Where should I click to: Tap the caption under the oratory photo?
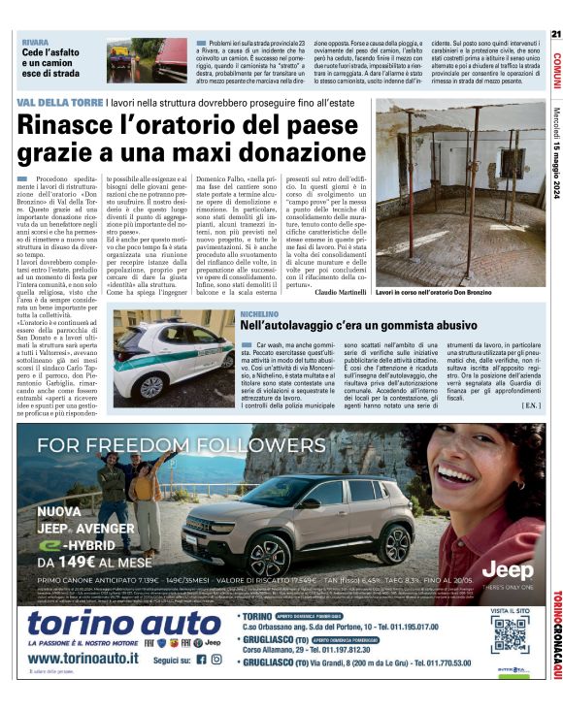[433, 292]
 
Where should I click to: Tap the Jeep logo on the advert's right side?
[509, 568]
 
